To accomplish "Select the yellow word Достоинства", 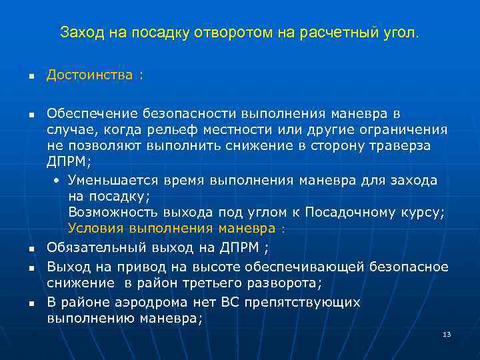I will pyautogui.click(x=89, y=75).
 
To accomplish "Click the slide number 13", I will pyautogui.click(x=447, y=334).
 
